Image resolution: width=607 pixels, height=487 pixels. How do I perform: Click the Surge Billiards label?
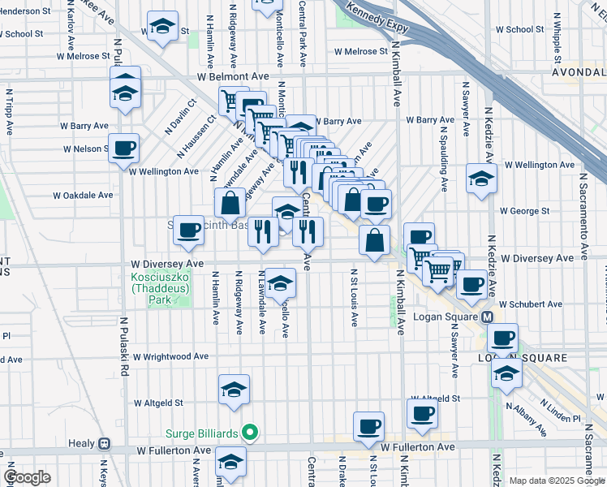coord(202,433)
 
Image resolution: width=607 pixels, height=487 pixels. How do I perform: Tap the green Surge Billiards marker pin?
coord(251,433)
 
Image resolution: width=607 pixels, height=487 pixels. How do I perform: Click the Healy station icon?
coord(104,444)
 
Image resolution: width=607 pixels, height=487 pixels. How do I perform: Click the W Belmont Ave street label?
coord(232,76)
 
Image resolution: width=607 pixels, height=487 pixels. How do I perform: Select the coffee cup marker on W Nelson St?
coord(123,149)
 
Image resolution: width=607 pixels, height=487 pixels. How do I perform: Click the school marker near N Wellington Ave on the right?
coord(481,179)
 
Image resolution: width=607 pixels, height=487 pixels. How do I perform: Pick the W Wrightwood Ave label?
coord(171,356)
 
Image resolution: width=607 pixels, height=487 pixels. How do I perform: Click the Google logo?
coord(27,477)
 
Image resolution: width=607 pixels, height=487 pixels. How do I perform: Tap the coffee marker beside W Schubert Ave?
coord(471,285)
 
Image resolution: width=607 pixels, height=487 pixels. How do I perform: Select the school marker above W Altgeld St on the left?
coord(234,390)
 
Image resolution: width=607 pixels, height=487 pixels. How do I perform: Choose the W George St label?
coord(525,210)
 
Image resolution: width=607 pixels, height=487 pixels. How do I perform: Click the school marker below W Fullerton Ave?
coord(230,463)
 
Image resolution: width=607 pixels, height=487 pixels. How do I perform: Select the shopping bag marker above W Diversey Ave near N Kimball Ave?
coord(373,240)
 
